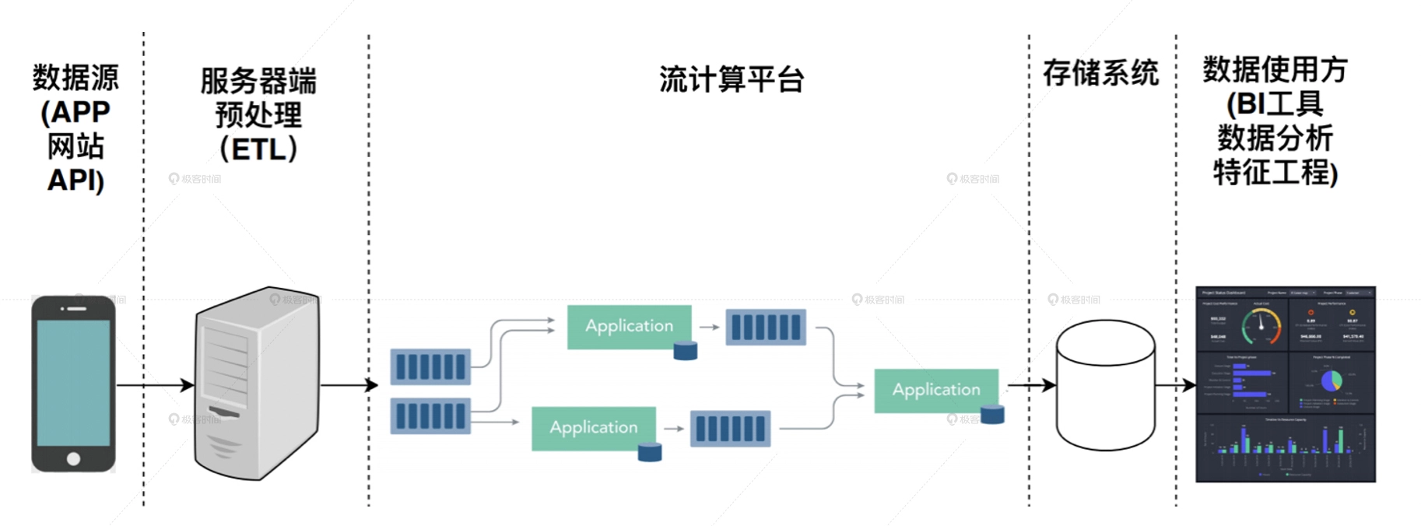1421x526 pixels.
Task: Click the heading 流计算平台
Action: (x=731, y=80)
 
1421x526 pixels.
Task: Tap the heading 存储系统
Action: (x=1100, y=74)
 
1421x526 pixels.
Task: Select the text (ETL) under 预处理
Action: (x=258, y=149)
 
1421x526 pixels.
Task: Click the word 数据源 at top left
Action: (x=75, y=78)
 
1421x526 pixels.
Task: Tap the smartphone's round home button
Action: (x=73, y=458)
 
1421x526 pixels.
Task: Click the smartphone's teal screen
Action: (x=73, y=382)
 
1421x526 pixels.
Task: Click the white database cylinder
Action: (x=1105, y=386)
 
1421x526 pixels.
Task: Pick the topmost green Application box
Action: (x=628, y=326)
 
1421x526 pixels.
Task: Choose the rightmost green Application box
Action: (x=935, y=390)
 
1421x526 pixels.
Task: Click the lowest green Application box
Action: (x=593, y=428)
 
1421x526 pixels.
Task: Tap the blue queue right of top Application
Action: (x=766, y=328)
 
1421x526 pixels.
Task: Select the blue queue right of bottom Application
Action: (x=730, y=429)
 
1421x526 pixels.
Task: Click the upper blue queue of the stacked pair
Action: (x=430, y=366)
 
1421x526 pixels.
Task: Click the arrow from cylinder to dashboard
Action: (x=1175, y=385)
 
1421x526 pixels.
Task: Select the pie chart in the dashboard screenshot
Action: (x=1332, y=380)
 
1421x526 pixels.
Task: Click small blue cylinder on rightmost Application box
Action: (x=991, y=415)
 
